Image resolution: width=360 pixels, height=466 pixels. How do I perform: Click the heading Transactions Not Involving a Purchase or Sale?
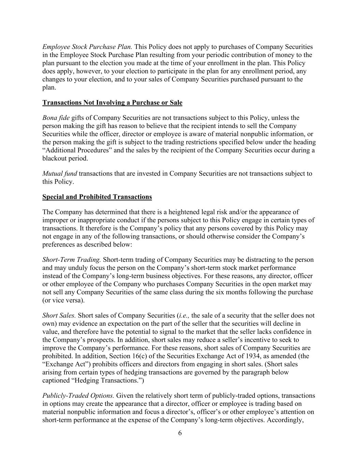click(112, 103)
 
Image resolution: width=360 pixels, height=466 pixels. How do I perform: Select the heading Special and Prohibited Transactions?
click(97, 197)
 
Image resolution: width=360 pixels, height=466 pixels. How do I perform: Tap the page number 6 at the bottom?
click(180, 433)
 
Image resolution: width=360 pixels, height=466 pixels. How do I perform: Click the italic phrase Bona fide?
click(56, 118)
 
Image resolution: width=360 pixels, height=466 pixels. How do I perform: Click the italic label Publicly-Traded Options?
click(78, 396)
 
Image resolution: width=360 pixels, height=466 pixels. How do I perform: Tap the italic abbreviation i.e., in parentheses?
click(184, 315)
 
